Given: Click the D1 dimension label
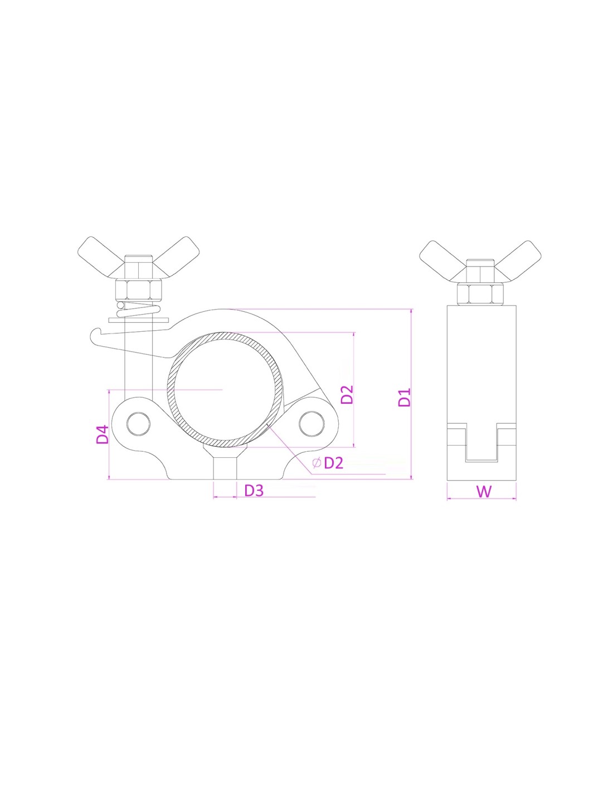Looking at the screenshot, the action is pyautogui.click(x=405, y=397).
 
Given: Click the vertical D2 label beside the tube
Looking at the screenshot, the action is pyautogui.click(x=347, y=394).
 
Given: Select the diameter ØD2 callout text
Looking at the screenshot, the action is pyautogui.click(x=328, y=463).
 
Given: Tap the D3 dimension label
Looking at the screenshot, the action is pyautogui.click(x=254, y=491).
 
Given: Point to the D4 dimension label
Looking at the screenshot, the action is pyautogui.click(x=103, y=434).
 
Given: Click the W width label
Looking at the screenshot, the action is pyautogui.click(x=484, y=491).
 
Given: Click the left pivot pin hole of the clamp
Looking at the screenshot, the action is pyautogui.click(x=138, y=424).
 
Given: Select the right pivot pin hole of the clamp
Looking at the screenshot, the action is pyautogui.click(x=311, y=423).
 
